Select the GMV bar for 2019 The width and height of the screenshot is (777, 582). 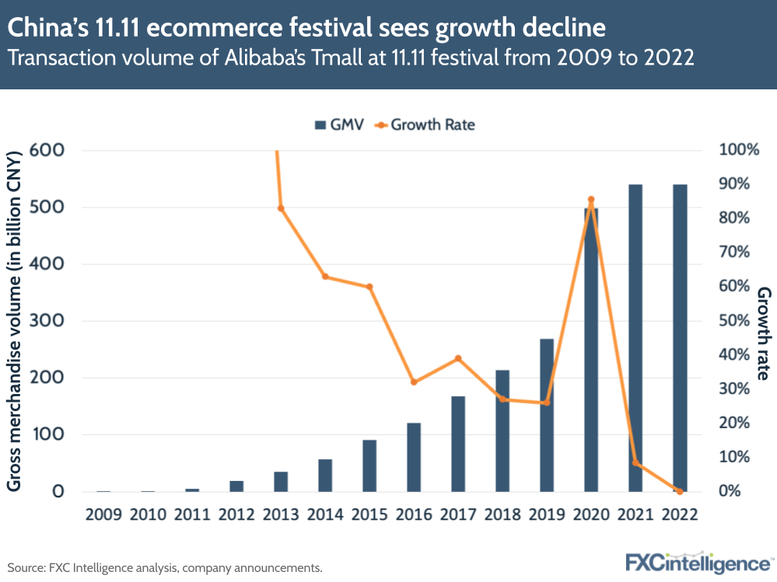pos(547,415)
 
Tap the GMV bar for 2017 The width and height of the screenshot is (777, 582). pos(458,444)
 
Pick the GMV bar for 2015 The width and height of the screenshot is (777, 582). pos(369,465)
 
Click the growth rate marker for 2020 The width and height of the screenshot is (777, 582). pos(591,200)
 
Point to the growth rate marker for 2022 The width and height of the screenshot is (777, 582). pos(680,491)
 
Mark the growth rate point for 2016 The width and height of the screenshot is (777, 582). pos(414,382)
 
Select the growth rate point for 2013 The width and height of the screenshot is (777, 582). pos(281,208)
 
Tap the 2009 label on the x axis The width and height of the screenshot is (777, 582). pos(103,514)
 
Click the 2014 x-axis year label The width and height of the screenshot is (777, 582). pos(325,514)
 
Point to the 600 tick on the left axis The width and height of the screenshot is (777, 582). pos(47,150)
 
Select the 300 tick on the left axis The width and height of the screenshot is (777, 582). pos(47,321)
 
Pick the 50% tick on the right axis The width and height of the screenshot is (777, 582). pos(735,321)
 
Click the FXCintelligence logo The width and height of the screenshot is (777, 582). pos(697,562)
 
